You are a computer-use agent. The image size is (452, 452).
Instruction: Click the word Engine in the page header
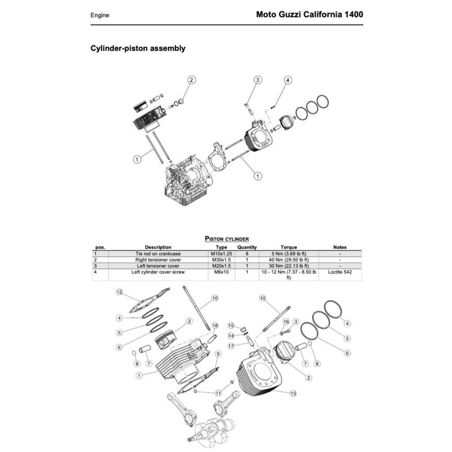point(100,15)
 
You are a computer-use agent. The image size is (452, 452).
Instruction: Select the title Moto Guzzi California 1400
point(309,15)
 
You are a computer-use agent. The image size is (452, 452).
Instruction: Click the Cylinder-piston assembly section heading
point(138,49)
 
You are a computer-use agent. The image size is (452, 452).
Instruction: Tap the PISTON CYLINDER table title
point(227,239)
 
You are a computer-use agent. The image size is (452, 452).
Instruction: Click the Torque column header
point(289,247)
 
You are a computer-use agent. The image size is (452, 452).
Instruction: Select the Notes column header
point(340,247)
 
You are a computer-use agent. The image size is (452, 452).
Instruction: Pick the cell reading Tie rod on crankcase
point(158,254)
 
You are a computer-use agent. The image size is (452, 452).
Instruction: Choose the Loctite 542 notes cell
point(340,272)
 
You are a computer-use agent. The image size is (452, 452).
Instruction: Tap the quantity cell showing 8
point(247,254)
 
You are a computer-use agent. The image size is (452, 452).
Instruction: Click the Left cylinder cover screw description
point(158,272)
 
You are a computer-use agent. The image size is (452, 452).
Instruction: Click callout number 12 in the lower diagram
point(119,292)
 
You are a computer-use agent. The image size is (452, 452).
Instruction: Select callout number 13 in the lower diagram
point(293,393)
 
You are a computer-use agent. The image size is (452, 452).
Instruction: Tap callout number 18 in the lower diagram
point(215,325)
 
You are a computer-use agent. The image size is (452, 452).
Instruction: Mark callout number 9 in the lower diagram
point(218,354)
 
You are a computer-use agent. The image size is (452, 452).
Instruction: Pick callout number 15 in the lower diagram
point(230,325)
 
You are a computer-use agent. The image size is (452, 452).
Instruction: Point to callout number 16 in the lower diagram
point(286,321)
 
